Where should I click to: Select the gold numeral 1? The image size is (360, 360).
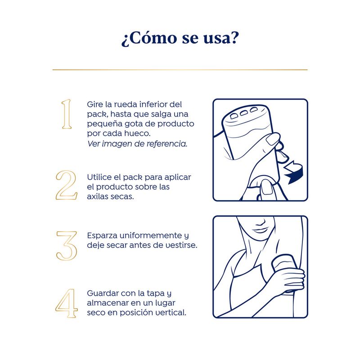pyautogui.click(x=67, y=114)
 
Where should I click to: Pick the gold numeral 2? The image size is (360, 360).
pyautogui.click(x=66, y=185)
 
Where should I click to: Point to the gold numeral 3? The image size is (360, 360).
pyautogui.click(x=67, y=246)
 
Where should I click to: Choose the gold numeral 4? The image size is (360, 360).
pyautogui.click(x=66, y=303)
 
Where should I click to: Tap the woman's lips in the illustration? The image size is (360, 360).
pyautogui.click(x=261, y=230)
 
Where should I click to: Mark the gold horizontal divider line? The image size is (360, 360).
pyautogui.click(x=180, y=70)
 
